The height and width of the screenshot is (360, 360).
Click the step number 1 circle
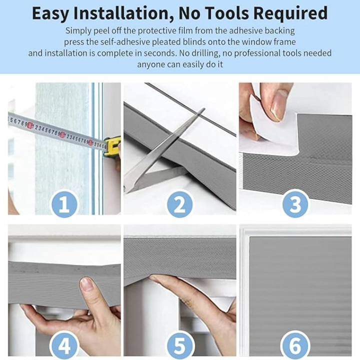coord(64,203)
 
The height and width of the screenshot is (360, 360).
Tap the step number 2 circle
coord(180,203)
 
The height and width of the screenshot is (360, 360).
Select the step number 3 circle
coord(295,203)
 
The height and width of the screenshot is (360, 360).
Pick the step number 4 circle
coord(64,345)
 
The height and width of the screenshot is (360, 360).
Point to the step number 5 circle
coord(180,345)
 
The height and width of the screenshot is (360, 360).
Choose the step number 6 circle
coord(295,345)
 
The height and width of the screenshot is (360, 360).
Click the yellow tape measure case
coord(112,146)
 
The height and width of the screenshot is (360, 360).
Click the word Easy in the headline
coord(50,13)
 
